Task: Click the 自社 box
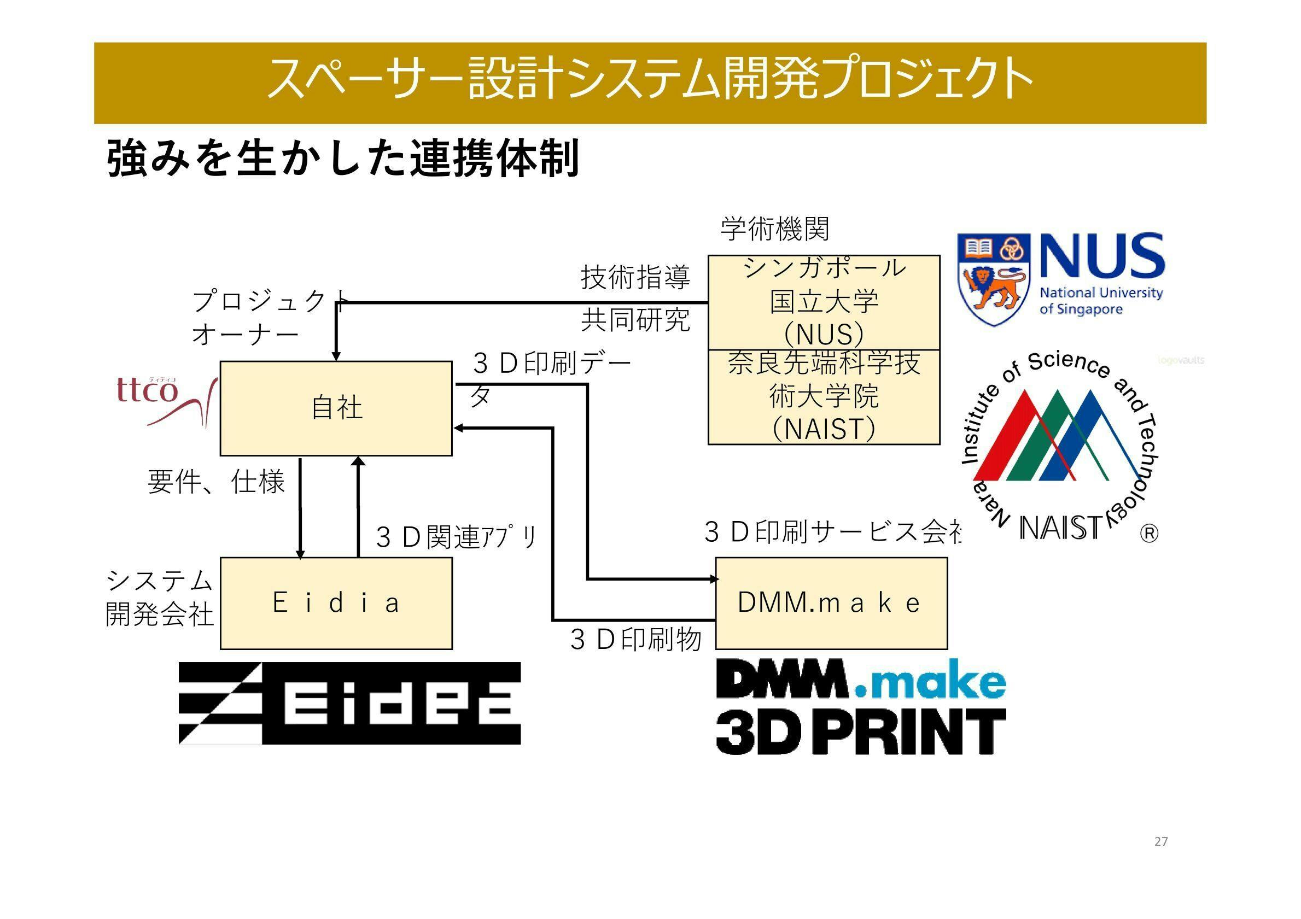point(336,408)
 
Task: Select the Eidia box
point(336,603)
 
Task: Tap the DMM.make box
point(831,603)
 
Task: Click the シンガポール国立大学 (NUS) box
point(824,302)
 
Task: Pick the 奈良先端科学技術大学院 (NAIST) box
point(824,397)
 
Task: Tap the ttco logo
point(164,400)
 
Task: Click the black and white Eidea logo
point(349,703)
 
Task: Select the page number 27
point(1160,841)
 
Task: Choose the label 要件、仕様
point(215,482)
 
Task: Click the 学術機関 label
point(774,229)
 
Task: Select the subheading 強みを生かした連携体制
point(343,159)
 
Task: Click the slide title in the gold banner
point(650,79)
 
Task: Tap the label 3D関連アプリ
point(456,537)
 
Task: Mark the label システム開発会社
point(160,598)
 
